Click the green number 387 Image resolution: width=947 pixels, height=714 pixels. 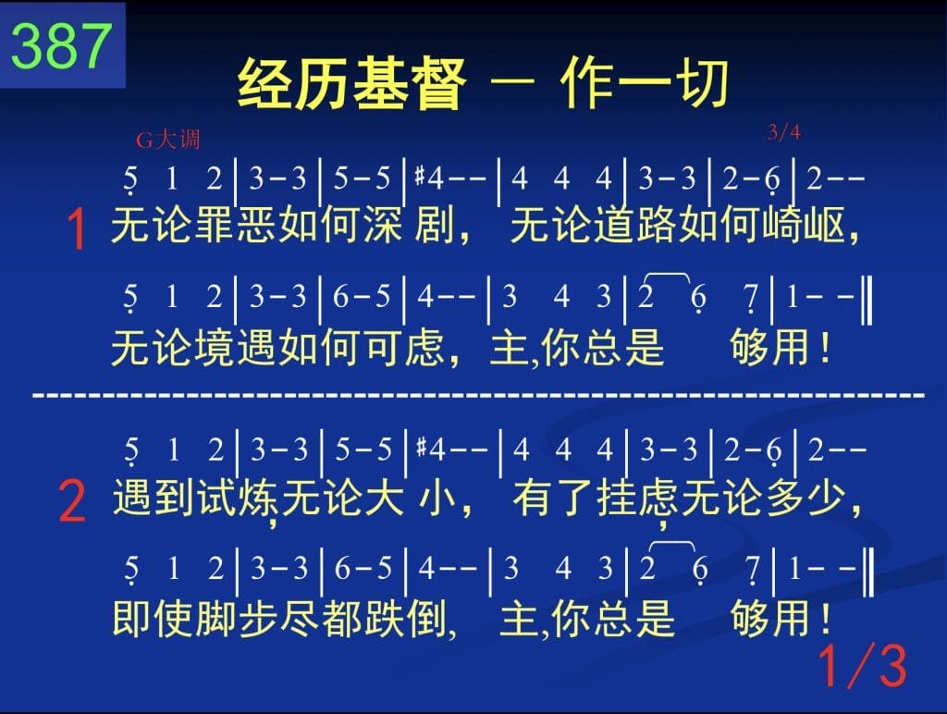62,46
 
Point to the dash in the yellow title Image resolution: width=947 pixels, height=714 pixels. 511,82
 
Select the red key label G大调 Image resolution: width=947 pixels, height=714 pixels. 167,141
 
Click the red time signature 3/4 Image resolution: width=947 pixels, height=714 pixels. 784,131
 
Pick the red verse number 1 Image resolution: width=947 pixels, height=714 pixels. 78,229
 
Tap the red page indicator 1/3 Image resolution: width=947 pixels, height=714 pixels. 862,666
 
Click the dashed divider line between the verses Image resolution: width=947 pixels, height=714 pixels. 478,396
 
